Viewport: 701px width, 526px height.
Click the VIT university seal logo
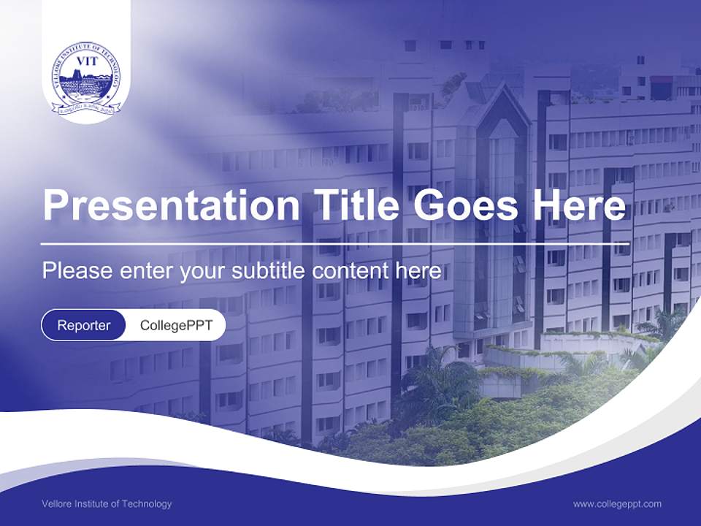pyautogui.click(x=86, y=79)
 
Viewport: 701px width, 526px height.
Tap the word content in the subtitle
pyautogui.click(x=351, y=271)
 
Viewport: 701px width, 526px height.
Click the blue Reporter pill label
pyautogui.click(x=84, y=325)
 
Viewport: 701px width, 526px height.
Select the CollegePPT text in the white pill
pyautogui.click(x=176, y=325)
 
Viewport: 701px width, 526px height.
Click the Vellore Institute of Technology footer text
pyautogui.click(x=107, y=504)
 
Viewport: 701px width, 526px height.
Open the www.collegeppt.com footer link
pyautogui.click(x=617, y=504)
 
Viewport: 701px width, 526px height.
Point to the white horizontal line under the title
pyautogui.click(x=335, y=243)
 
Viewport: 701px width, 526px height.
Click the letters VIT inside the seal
pyautogui.click(x=86, y=61)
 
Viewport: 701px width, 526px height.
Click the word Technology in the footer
pyautogui.click(x=150, y=504)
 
